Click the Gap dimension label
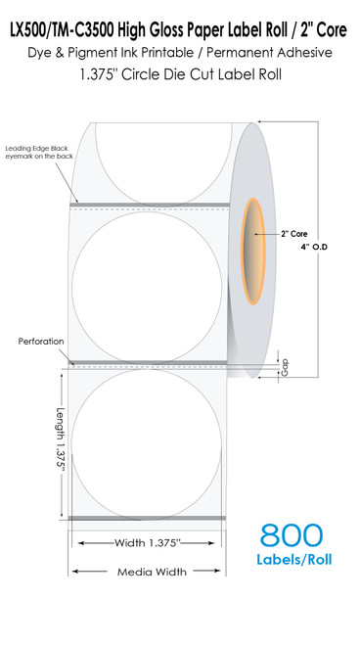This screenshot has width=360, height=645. tap(286, 366)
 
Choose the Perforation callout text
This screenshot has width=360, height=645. tap(41, 342)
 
